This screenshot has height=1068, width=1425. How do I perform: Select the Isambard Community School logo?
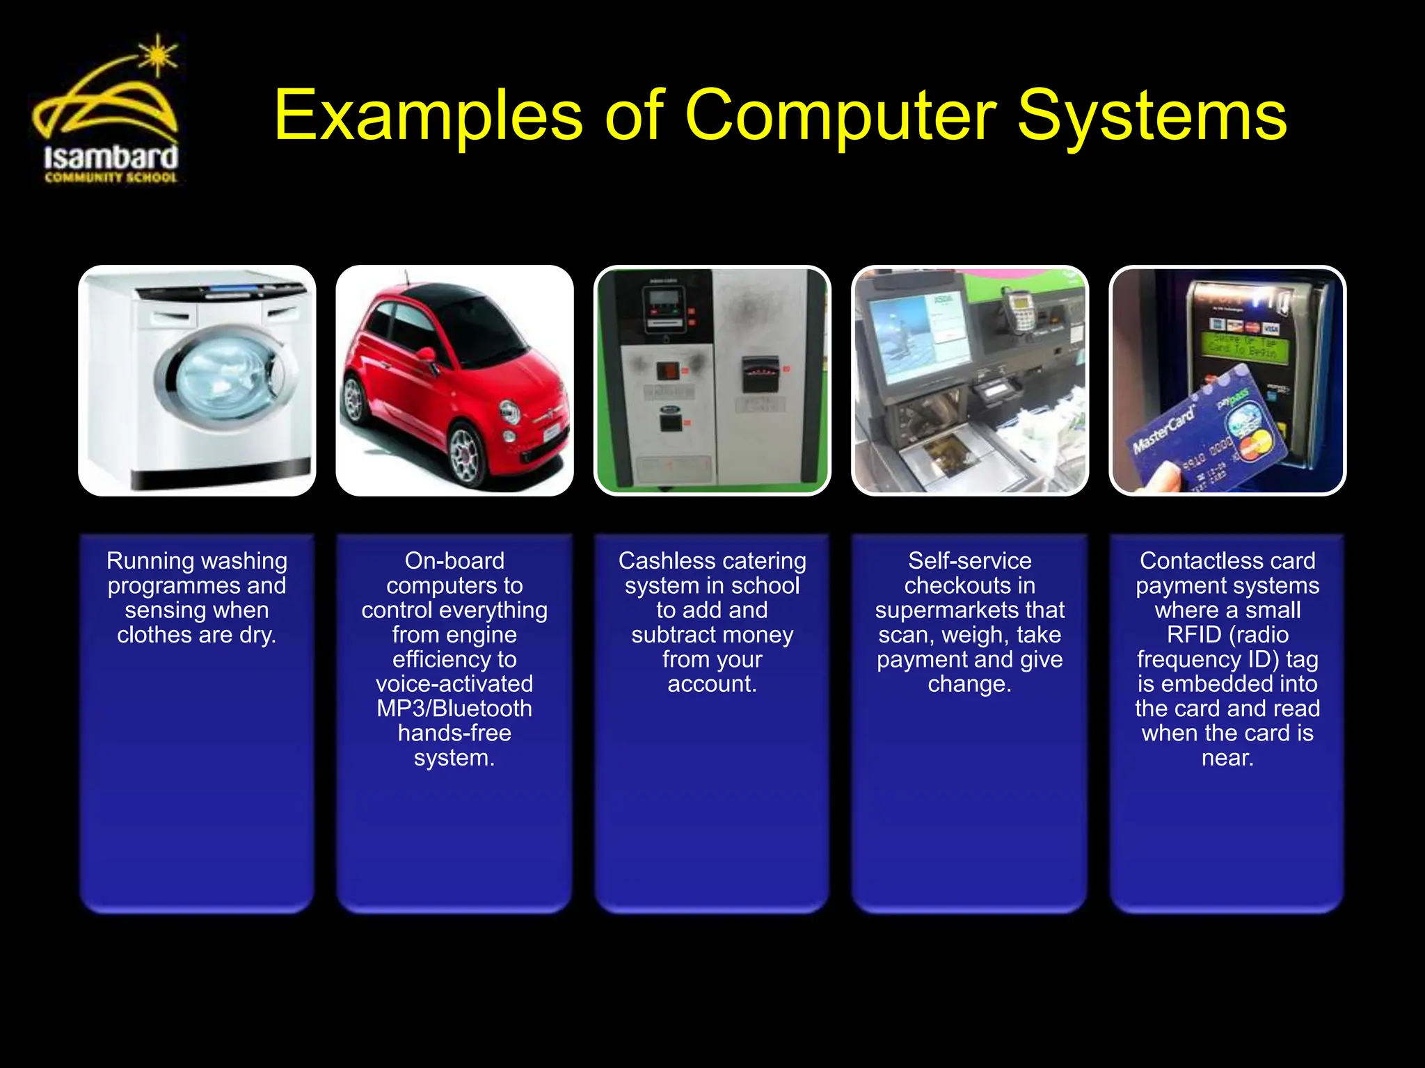(108, 111)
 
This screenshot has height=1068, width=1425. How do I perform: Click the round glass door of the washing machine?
(221, 373)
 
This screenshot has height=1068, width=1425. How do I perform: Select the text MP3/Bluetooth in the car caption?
(454, 709)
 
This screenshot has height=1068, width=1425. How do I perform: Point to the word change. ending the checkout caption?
(969, 684)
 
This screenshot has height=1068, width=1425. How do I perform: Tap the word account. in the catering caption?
(712, 684)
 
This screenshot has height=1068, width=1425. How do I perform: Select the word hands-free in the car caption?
(454, 733)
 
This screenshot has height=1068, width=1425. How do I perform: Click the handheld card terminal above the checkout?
(1019, 309)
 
